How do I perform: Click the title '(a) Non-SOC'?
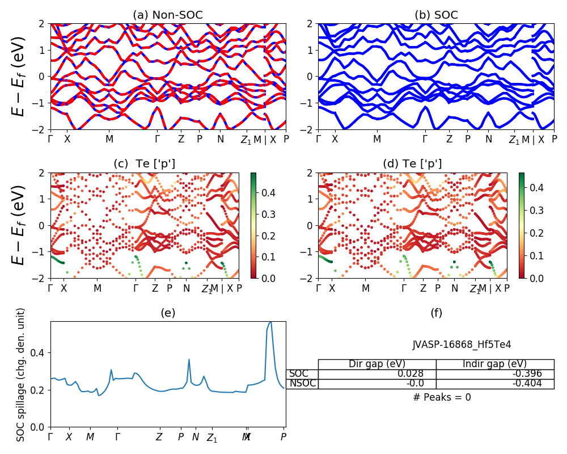[x=168, y=15]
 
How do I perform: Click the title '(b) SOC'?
[x=436, y=15]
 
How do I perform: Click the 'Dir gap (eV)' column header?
[x=377, y=364]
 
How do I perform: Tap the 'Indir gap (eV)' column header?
[x=494, y=364]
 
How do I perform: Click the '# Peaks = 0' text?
[x=442, y=397]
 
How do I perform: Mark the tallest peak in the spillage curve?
[x=270, y=322]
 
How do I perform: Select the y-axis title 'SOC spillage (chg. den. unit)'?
[x=21, y=375]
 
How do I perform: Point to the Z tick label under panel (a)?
[x=181, y=139]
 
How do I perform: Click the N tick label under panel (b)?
[x=488, y=139]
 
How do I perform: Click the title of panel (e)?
[x=168, y=313]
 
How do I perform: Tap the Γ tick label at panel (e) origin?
[x=50, y=437]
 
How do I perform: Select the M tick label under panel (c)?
[x=98, y=288]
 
